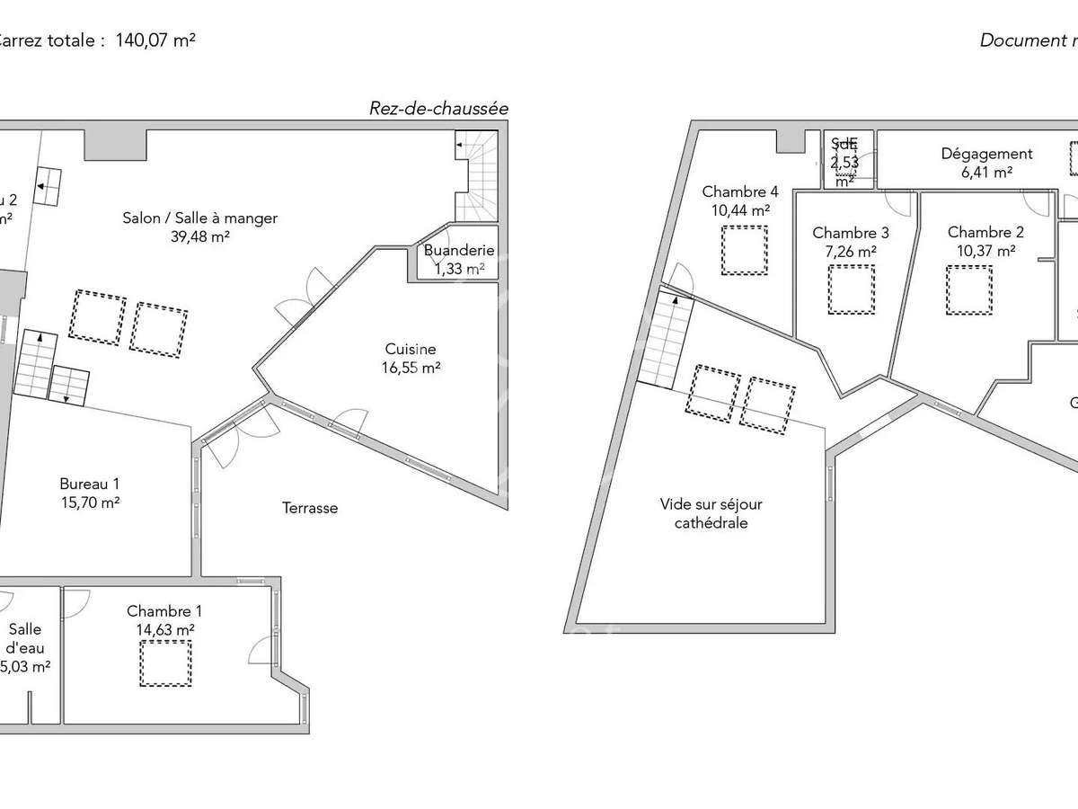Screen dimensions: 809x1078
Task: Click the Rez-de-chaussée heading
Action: click(438, 109)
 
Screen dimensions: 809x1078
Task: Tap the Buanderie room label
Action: click(454, 251)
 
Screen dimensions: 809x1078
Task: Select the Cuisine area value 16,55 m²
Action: click(411, 367)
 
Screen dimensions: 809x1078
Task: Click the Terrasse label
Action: click(310, 508)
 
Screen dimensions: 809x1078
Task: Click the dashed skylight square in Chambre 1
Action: click(165, 663)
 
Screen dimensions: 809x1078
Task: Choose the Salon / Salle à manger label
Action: click(200, 218)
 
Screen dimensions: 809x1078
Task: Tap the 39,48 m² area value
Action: click(200, 236)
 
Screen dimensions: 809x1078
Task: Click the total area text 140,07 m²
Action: click(155, 40)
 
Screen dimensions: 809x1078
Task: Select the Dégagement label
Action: click(986, 154)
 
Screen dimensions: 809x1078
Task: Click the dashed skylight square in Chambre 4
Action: click(745, 250)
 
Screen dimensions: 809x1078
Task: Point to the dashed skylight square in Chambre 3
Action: click(851, 289)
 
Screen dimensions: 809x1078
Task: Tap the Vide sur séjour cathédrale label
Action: click(711, 513)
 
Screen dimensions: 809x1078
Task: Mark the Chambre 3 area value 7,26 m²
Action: click(851, 252)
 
